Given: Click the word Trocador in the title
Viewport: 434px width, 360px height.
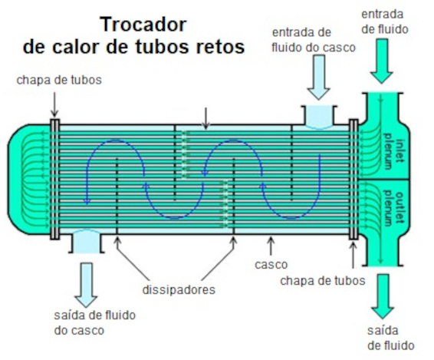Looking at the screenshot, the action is point(143,25).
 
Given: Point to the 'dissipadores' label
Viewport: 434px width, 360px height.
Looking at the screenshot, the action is point(179,289).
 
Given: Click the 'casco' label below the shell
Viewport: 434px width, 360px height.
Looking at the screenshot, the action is point(271,264).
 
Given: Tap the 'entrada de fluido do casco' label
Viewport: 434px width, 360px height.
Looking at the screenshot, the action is point(314,40).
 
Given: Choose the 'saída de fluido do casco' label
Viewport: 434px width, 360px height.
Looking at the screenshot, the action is point(94,323).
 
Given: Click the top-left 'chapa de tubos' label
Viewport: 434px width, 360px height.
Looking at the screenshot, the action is point(59,80).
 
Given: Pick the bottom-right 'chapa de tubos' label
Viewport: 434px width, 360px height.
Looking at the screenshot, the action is point(323,281).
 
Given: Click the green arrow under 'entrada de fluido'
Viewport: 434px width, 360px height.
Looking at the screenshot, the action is point(382,61).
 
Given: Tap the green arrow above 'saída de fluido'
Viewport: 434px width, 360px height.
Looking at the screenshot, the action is point(383,296).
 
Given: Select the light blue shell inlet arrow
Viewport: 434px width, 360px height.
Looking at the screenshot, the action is point(318,77).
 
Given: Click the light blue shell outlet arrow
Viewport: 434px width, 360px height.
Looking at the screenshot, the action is point(86,285).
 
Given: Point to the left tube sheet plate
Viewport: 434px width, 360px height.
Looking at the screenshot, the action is point(54,179).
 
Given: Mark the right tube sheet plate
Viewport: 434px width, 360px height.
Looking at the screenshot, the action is point(353,179).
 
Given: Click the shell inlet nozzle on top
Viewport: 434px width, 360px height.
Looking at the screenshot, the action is point(319,117).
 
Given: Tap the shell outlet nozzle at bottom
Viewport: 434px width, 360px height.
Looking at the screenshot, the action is point(87,242).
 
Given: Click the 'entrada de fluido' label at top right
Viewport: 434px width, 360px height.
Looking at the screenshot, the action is point(385,21).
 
